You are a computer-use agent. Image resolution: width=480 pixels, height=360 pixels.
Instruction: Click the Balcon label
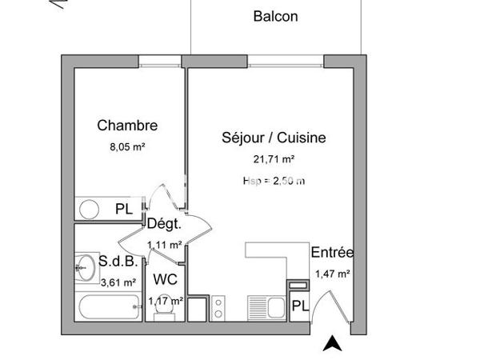coord(275,16)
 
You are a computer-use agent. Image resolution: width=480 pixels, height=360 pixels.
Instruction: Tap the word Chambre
coord(127,125)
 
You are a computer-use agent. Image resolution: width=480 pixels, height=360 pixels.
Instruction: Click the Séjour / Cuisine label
coord(274,138)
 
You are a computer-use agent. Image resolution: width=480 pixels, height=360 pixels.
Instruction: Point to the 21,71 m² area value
coord(274,159)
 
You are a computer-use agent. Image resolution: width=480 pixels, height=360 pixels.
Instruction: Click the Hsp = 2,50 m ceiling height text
coord(274,181)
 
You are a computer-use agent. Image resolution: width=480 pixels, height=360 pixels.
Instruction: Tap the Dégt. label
coord(164,225)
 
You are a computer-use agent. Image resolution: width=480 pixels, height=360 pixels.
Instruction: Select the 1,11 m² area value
coord(164,245)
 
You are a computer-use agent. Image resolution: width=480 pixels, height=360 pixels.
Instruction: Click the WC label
coord(165,280)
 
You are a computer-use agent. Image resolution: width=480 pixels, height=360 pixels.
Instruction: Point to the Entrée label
coord(332,253)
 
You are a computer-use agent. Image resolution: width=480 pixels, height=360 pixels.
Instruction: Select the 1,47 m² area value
coord(332,274)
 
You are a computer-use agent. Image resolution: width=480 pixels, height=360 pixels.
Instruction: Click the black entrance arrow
coord(332,344)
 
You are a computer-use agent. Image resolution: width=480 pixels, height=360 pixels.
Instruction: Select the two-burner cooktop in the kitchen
coord(218,308)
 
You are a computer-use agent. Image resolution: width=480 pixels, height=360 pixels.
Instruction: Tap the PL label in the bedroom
coord(123,210)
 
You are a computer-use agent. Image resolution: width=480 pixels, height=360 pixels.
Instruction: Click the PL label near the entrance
coord(299,306)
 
